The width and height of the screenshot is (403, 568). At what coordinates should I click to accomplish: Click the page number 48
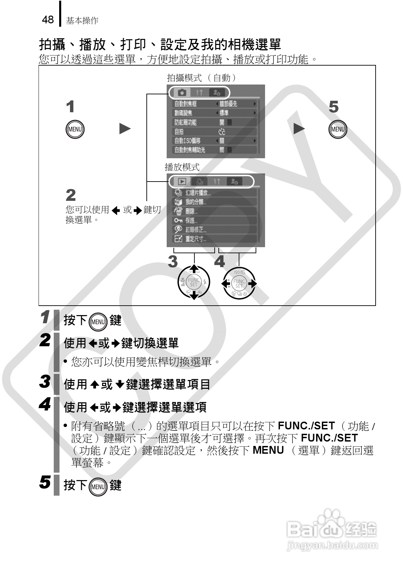pos(48,20)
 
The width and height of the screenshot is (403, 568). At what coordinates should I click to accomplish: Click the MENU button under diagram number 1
pos(75,129)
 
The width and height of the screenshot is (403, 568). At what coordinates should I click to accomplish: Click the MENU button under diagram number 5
pos(338,129)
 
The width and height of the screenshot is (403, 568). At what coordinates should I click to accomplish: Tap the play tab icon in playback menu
pos(182,182)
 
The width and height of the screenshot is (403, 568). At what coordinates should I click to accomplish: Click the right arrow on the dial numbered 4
pos(253,283)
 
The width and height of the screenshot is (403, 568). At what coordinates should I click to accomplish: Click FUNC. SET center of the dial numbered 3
pos(194,282)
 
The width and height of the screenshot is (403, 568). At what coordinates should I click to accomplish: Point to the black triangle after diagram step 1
pos(125,128)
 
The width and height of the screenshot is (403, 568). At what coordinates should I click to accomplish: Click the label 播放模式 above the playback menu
pos(182,167)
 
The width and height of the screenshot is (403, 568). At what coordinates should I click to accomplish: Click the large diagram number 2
pos(71,195)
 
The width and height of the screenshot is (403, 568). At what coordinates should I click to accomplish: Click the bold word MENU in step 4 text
pos(268,450)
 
